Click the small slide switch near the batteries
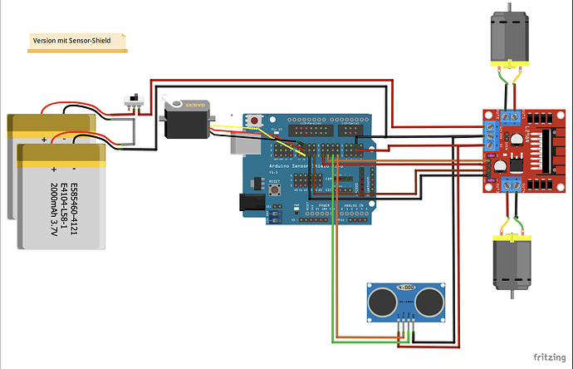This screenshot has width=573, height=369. [x=130, y=101]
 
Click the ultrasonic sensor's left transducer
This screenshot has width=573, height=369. [x=381, y=299]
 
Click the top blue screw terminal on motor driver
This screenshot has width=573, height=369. [x=507, y=116]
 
